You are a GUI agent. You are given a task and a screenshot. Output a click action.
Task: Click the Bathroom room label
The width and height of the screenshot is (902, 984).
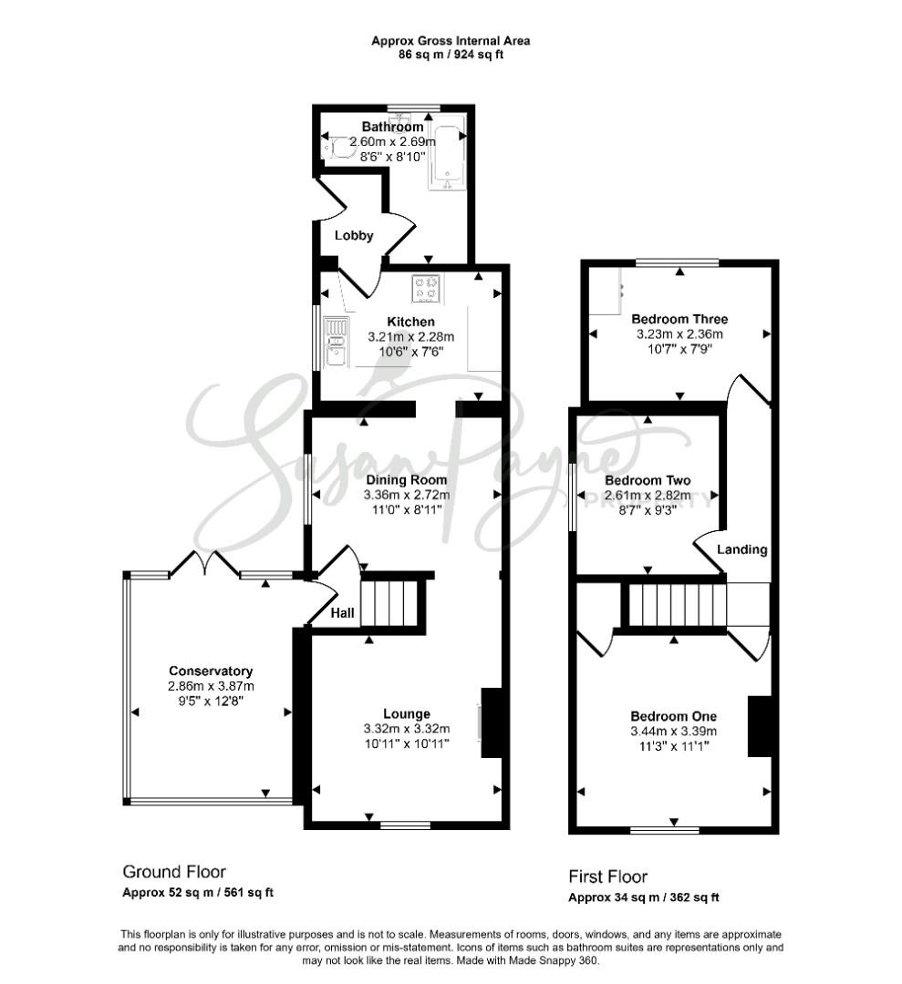pos(392,127)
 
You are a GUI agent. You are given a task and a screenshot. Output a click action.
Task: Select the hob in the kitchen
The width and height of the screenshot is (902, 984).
pos(427,289)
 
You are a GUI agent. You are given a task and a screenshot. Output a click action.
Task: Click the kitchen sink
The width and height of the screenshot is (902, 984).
pos(336,342)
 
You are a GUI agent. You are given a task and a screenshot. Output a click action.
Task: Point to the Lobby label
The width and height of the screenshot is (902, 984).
pos(354,235)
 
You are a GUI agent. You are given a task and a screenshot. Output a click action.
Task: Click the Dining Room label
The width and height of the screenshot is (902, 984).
pos(407,480)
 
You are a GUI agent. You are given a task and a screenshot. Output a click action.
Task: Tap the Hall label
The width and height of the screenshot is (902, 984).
pos(342,613)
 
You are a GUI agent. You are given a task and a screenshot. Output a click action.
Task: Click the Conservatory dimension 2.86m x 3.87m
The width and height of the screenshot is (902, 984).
pos(211,687)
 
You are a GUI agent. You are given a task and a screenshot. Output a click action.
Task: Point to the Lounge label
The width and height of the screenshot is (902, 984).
pos(407,714)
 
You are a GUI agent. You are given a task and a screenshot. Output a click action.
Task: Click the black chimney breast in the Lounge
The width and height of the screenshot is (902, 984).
pos(492,723)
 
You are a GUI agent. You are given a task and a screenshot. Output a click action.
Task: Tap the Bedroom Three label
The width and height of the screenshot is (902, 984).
pos(679,319)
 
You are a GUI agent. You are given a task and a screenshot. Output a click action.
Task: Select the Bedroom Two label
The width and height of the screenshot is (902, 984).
pos(648,481)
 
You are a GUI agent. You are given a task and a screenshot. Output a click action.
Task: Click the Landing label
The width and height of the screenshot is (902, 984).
pos(741,549)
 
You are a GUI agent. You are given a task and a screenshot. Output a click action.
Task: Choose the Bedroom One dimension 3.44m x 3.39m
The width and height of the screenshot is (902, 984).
pos(673,732)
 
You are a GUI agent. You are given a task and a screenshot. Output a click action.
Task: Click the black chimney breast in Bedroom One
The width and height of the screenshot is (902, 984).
pos(760,726)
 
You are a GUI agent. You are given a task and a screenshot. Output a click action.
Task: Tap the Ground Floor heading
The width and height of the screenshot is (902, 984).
pos(174,872)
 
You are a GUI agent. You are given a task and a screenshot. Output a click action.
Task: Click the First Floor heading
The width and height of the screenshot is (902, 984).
pos(607,876)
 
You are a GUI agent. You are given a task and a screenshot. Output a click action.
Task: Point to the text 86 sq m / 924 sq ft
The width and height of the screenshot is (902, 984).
pos(451,55)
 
